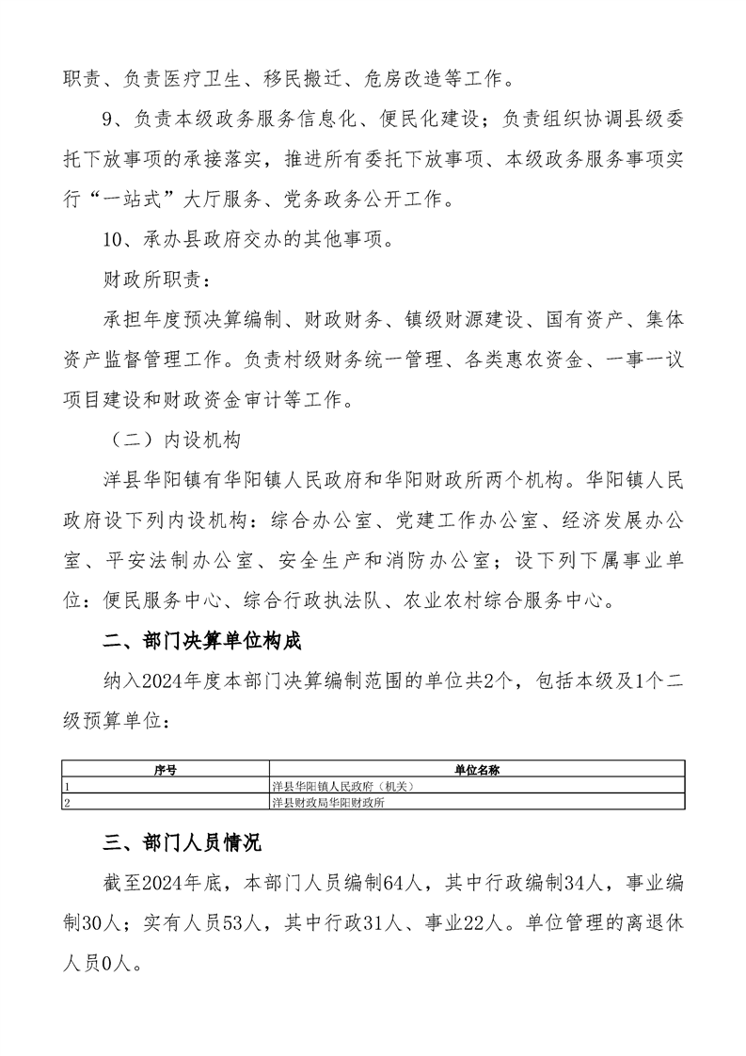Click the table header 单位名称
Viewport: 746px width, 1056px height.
pos(476,770)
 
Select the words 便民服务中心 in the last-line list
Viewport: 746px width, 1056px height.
pos(156,601)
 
